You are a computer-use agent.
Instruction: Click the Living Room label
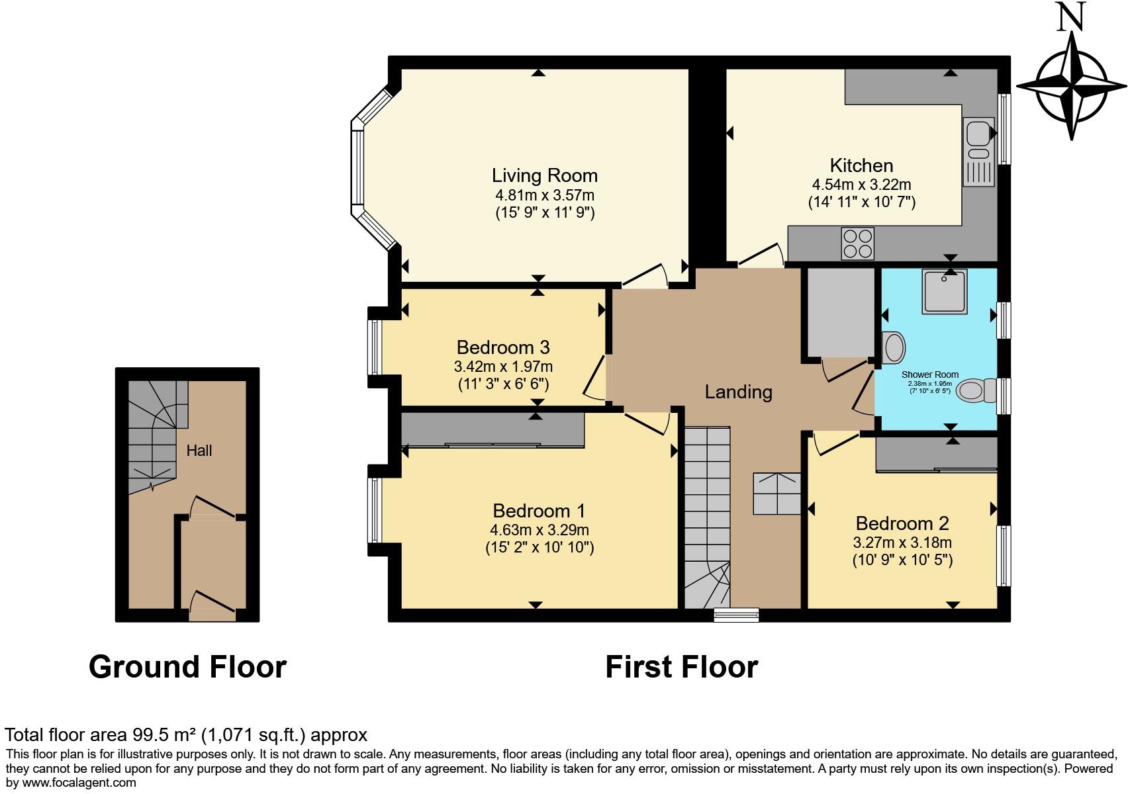coord(544,175)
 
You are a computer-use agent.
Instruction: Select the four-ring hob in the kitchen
coord(857,243)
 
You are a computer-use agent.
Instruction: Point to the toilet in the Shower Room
coord(978,390)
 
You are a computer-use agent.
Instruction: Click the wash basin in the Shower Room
coord(893,347)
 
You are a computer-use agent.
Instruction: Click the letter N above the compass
coord(1070,17)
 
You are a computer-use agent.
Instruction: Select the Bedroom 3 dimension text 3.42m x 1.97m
coord(503,367)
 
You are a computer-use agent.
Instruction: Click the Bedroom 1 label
coord(539,511)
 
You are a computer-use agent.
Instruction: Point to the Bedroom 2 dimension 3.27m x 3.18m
coord(902,543)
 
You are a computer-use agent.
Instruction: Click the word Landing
coord(738,392)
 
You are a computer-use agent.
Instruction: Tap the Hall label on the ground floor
coord(199,451)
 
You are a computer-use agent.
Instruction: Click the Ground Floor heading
coord(187,667)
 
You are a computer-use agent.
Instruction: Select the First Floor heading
coord(681,667)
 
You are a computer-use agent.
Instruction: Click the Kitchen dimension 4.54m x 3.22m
coord(861,185)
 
